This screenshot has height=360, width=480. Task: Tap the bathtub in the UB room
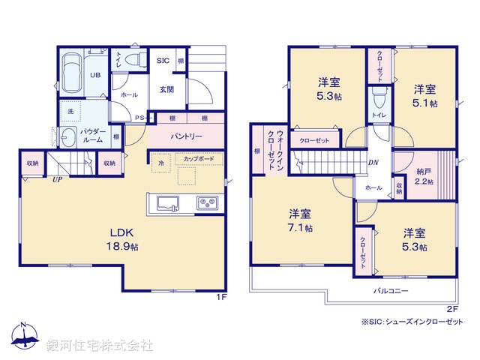pyautogui.click(x=72, y=74)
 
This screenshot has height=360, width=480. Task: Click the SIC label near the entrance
pyautogui.click(x=162, y=61)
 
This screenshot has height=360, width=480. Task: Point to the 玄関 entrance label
pyautogui.click(x=166, y=88)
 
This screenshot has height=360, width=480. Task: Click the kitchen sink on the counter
pyautogui.click(x=166, y=202)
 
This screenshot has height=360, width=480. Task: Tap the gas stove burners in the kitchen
pyautogui.click(x=207, y=202)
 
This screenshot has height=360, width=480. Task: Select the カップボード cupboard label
pyautogui.click(x=194, y=160)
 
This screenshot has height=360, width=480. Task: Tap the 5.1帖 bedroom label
pyautogui.click(x=424, y=95)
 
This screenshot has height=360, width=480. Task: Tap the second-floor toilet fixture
pyautogui.click(x=377, y=97)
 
